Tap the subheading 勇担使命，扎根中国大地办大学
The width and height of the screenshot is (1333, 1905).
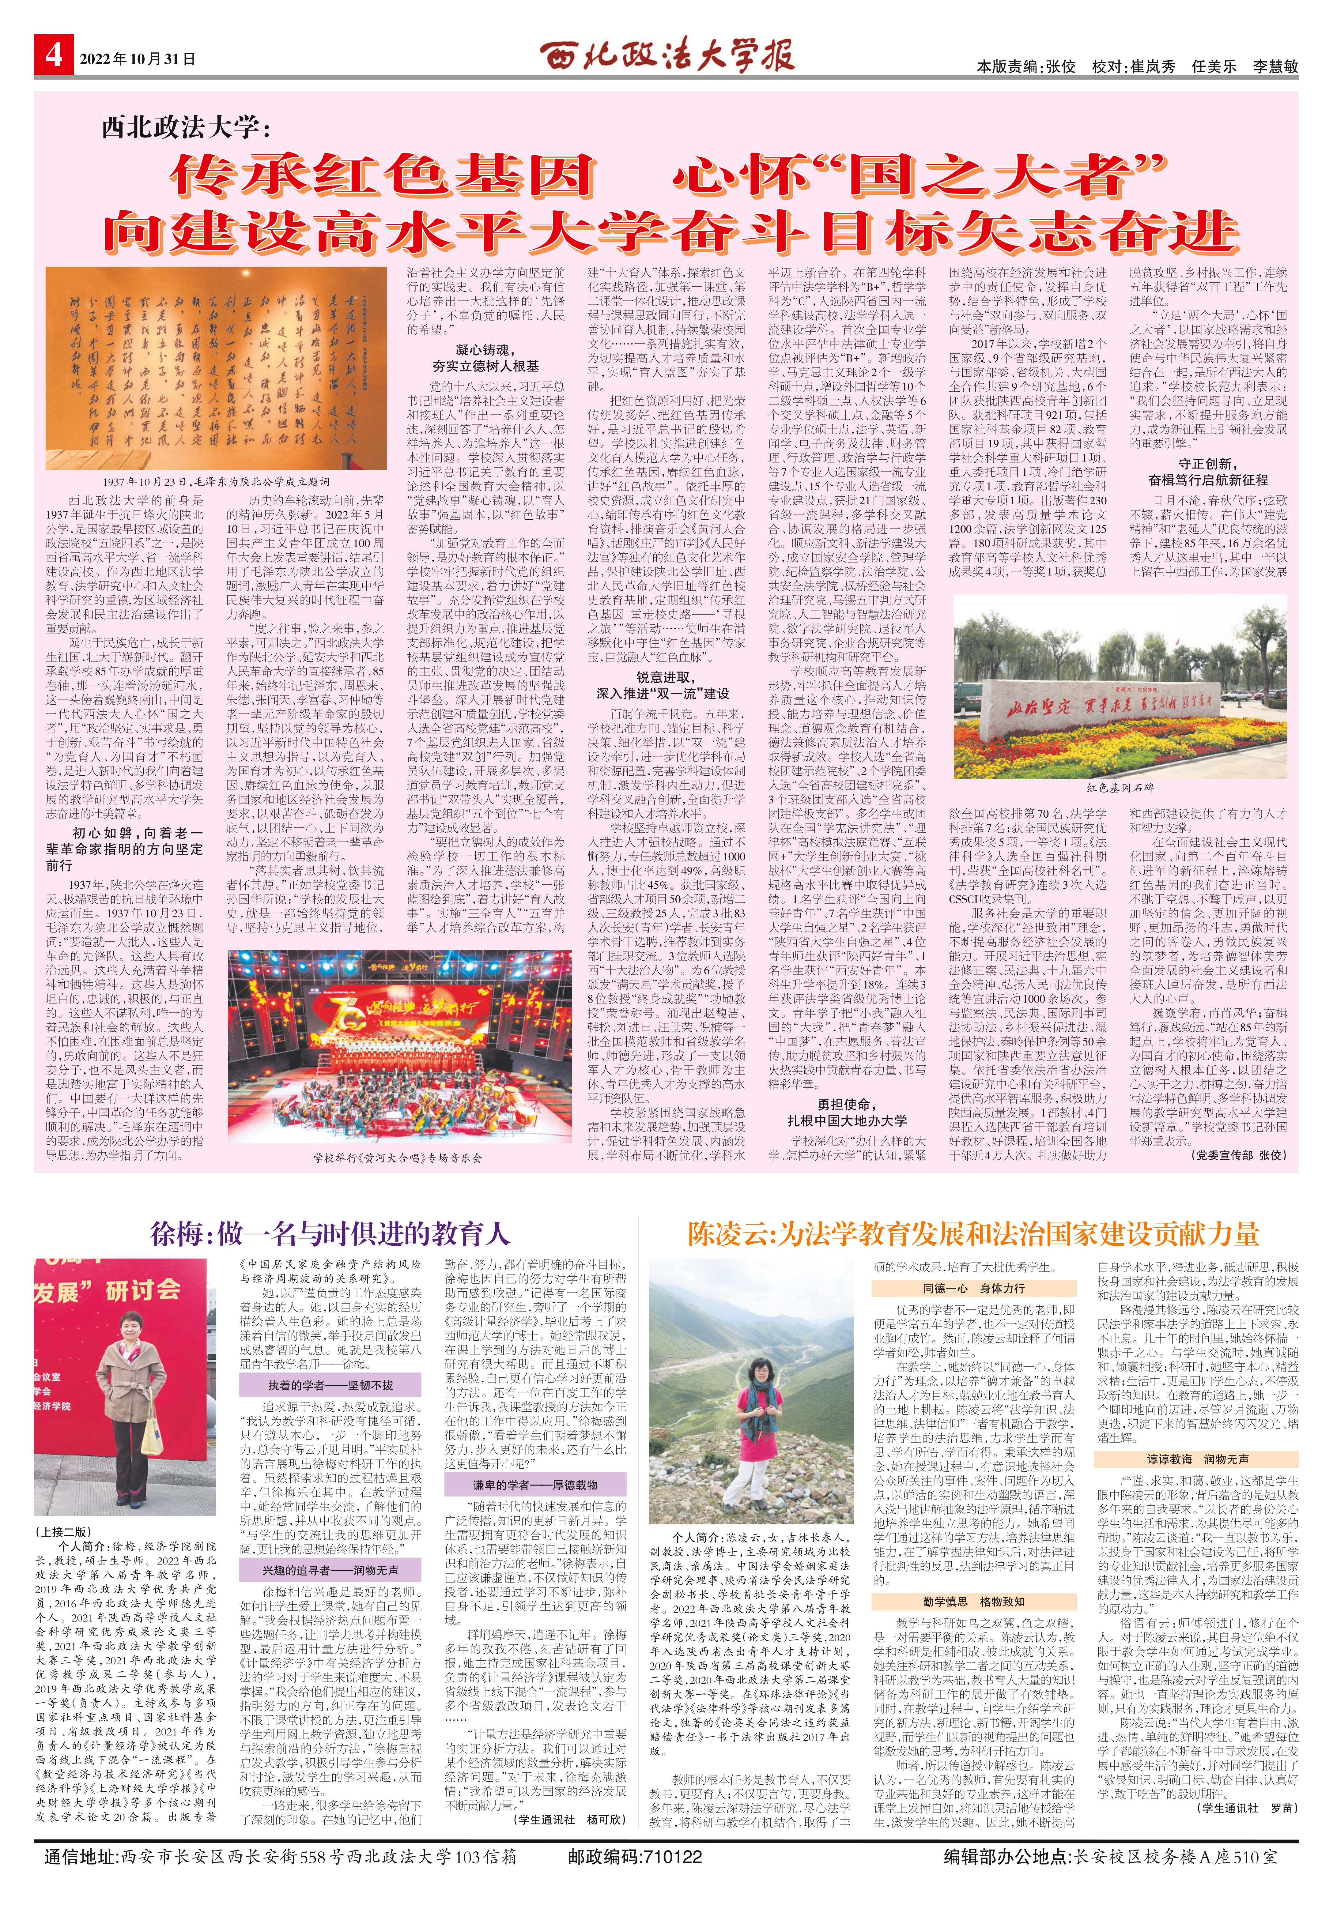click(x=847, y=1112)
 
